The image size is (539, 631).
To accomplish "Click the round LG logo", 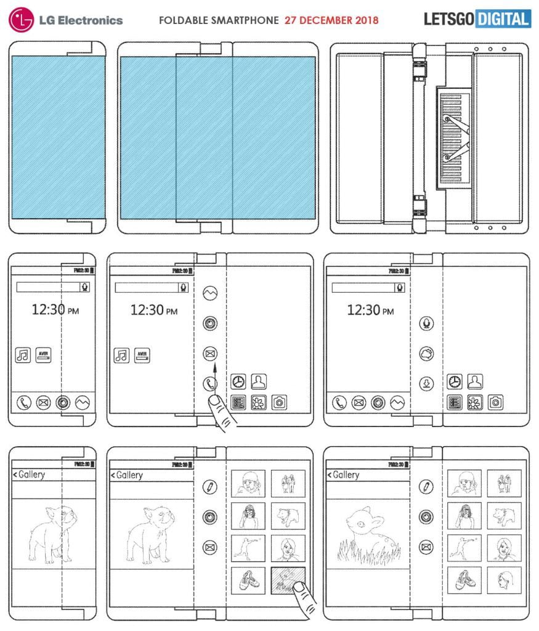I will (22, 20).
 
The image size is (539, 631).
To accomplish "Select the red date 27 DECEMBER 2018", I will (331, 20).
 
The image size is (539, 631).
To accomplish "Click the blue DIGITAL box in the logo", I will (503, 19).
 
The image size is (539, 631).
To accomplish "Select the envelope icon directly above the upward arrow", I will (210, 354).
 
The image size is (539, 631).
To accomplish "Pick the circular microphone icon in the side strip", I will (424, 323).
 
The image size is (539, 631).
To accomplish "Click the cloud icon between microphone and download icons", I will (424, 353).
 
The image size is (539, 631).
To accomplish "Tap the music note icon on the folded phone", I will (23, 356).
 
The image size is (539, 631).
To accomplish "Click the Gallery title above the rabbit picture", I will (345, 475).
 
